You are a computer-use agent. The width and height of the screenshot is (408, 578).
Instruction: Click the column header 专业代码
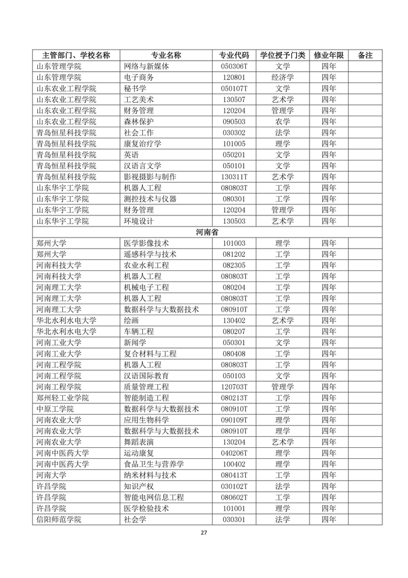(x=234, y=55)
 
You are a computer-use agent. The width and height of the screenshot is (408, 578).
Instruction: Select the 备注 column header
(x=365, y=55)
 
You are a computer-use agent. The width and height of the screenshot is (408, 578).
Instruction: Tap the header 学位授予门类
(x=283, y=55)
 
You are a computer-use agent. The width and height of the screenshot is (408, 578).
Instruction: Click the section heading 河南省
(x=207, y=232)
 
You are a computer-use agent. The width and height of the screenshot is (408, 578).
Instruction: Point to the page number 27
(x=203, y=532)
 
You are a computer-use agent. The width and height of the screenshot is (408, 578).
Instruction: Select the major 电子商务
(x=139, y=77)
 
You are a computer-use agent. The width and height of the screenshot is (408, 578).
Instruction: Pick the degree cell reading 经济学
(x=283, y=77)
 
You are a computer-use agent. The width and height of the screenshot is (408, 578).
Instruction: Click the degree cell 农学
(x=283, y=121)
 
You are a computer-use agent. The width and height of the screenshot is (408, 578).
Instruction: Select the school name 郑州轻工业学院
(x=62, y=398)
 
